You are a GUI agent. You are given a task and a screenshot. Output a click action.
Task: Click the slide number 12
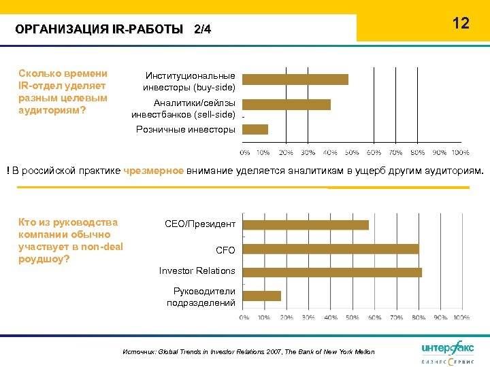(x=461, y=23)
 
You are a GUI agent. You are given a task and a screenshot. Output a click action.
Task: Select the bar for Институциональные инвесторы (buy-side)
(x=295, y=80)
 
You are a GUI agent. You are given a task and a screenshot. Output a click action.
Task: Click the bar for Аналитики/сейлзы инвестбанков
(x=286, y=105)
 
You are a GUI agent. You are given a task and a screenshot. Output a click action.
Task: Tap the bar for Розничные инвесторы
(x=255, y=129)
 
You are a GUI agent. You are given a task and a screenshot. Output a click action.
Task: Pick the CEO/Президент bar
(x=306, y=224)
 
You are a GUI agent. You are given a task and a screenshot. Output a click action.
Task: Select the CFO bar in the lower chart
(x=331, y=249)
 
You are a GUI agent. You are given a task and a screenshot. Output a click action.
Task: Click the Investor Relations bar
(x=332, y=272)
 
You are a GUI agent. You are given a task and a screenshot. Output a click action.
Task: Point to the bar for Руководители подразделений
(x=262, y=296)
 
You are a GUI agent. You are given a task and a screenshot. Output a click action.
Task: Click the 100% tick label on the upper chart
(x=460, y=152)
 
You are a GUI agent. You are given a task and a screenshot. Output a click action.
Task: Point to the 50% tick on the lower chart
(x=352, y=317)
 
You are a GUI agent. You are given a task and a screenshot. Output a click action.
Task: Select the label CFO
(x=225, y=250)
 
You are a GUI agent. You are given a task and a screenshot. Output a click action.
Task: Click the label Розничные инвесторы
(x=186, y=129)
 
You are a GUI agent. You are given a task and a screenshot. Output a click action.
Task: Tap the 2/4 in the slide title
(x=203, y=29)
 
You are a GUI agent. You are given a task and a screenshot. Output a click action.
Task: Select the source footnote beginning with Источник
(x=248, y=351)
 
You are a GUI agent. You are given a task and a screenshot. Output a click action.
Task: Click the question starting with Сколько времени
(x=63, y=91)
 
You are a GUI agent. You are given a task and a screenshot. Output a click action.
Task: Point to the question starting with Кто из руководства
(x=71, y=241)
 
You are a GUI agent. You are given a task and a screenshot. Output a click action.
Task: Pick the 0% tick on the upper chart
(x=244, y=152)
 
